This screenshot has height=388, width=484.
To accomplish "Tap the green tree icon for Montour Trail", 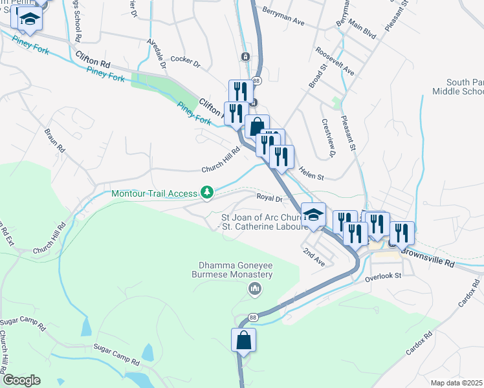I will click(207, 192).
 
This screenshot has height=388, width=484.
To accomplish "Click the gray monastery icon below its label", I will click(255, 288).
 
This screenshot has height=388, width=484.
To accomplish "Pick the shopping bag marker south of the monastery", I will click(244, 340).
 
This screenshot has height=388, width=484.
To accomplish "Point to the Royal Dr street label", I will click(270, 199).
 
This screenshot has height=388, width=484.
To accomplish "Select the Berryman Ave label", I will click(283, 17).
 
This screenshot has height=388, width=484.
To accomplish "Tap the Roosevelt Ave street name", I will click(335, 61).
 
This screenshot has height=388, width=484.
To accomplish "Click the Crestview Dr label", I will click(329, 138).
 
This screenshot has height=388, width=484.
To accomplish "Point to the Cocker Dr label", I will click(186, 61).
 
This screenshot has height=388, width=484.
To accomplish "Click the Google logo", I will click(21, 380).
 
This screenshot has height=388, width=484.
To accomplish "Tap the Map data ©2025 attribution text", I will click(457, 383).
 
